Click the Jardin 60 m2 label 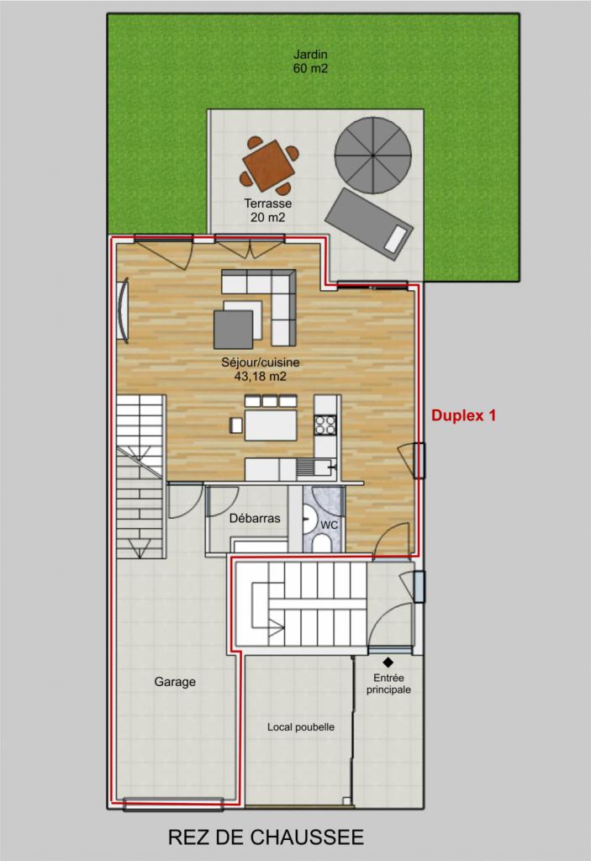(x=310, y=61)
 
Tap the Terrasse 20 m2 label (x=268, y=210)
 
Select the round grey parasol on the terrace (x=373, y=156)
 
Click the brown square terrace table (x=269, y=166)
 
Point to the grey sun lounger (x=369, y=224)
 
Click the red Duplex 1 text (x=463, y=415)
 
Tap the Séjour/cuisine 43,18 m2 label (x=261, y=369)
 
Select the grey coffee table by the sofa (x=234, y=330)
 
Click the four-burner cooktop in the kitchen (x=325, y=425)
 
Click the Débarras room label (x=255, y=518)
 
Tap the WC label (x=329, y=525)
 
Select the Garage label (x=175, y=681)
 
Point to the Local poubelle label (x=301, y=727)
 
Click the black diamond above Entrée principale (x=388, y=663)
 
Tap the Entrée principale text (x=389, y=684)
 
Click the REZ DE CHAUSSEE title (x=266, y=837)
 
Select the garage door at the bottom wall (x=173, y=805)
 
